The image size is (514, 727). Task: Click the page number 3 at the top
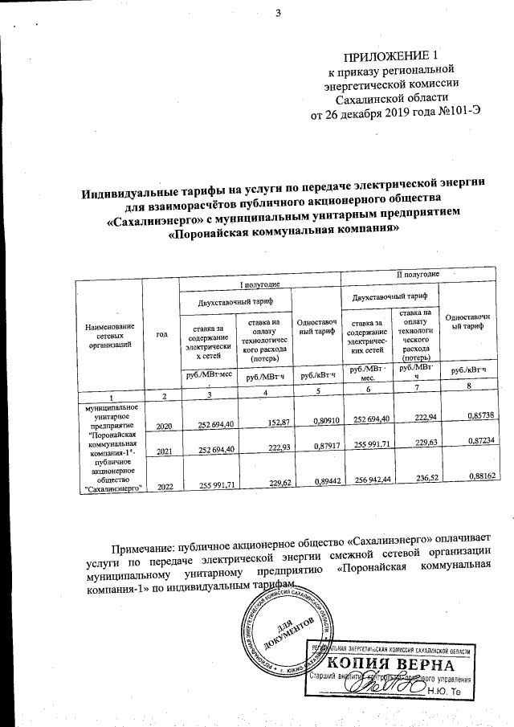click(x=278, y=12)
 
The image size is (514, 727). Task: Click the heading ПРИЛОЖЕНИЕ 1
click(x=392, y=56)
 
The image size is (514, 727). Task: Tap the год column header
click(x=161, y=333)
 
